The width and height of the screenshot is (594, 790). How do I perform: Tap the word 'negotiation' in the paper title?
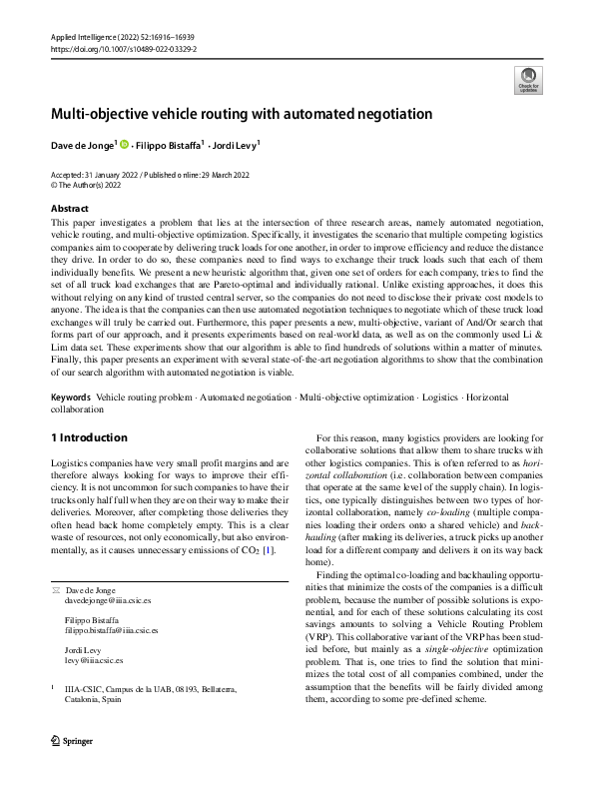385,114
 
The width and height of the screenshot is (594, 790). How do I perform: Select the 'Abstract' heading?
69,208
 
